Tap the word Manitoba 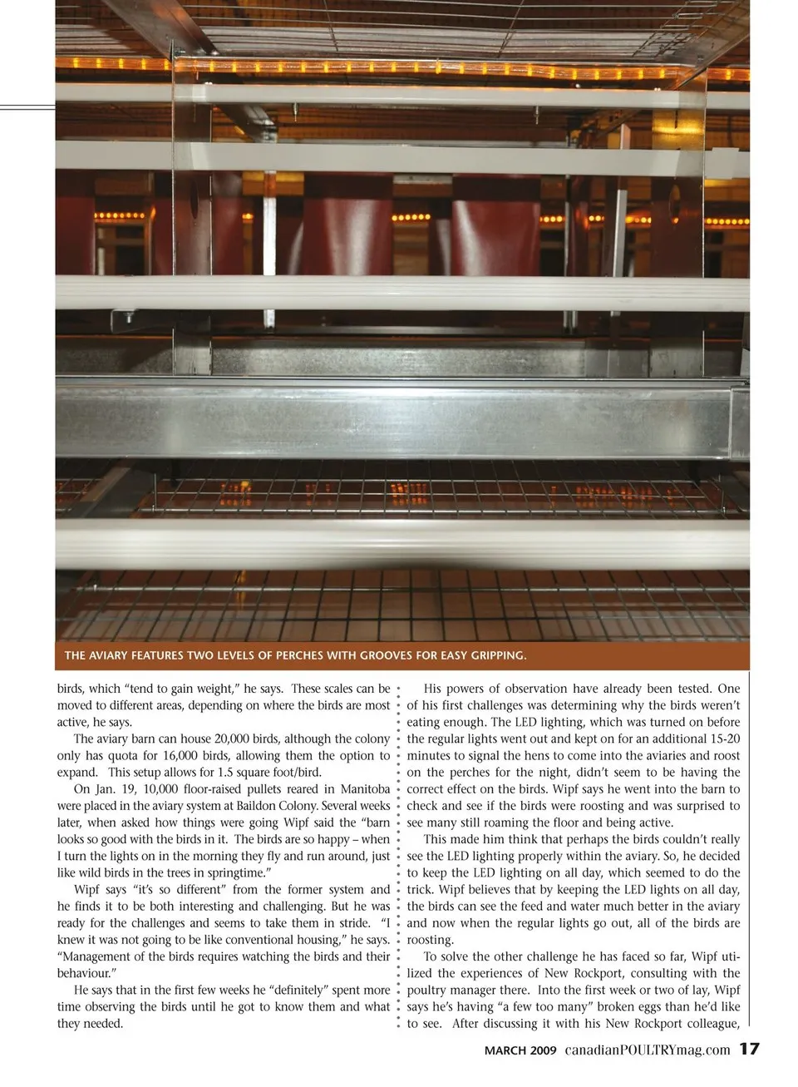click(365, 788)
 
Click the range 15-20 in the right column click(722, 739)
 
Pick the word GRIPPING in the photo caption click(495, 655)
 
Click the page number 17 click(749, 1049)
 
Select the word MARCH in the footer click(505, 1050)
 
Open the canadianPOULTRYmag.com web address click(648, 1050)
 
